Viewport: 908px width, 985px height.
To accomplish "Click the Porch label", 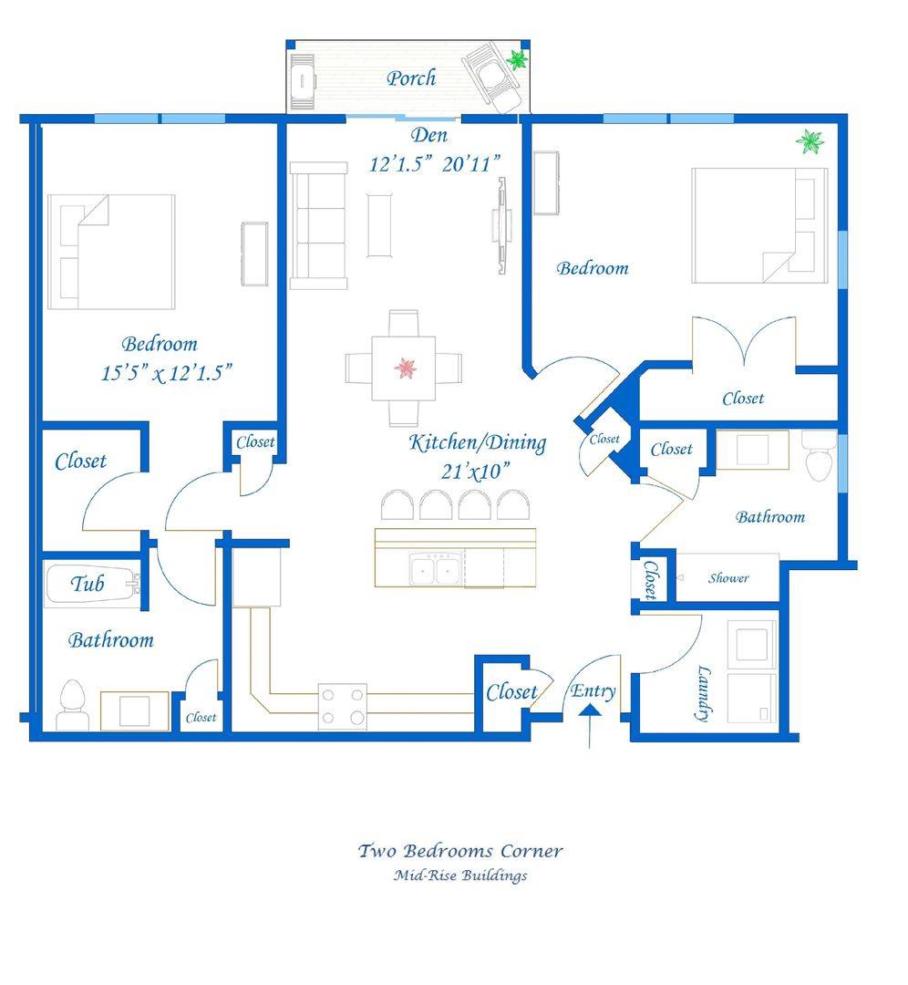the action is pyautogui.click(x=411, y=78).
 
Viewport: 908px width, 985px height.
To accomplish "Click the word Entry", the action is pyautogui.click(x=593, y=691).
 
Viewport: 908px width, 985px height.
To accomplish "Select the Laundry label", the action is pyautogui.click(x=705, y=693).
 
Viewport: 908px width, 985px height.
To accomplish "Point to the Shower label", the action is pyautogui.click(x=728, y=578).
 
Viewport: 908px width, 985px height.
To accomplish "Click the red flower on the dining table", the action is pyautogui.click(x=406, y=368).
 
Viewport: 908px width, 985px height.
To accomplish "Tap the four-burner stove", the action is pyautogui.click(x=342, y=706).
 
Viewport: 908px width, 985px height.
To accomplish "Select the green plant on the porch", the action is pyautogui.click(x=517, y=60).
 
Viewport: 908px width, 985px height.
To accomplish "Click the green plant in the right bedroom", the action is pyautogui.click(x=810, y=142).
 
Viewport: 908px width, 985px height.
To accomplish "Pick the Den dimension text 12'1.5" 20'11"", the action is pyautogui.click(x=435, y=164).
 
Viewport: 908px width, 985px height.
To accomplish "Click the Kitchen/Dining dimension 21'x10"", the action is pyautogui.click(x=475, y=472).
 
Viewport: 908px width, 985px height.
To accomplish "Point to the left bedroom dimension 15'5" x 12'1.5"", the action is pyautogui.click(x=167, y=373).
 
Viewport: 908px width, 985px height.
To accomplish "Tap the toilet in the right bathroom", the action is pyautogui.click(x=820, y=455).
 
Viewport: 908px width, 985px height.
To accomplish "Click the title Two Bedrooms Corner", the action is pyautogui.click(x=460, y=851).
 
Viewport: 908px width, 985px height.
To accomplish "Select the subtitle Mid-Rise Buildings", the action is pyautogui.click(x=460, y=875).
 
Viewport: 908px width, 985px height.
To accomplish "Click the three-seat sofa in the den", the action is pyautogui.click(x=318, y=225).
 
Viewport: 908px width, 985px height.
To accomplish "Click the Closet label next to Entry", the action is pyautogui.click(x=511, y=692).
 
